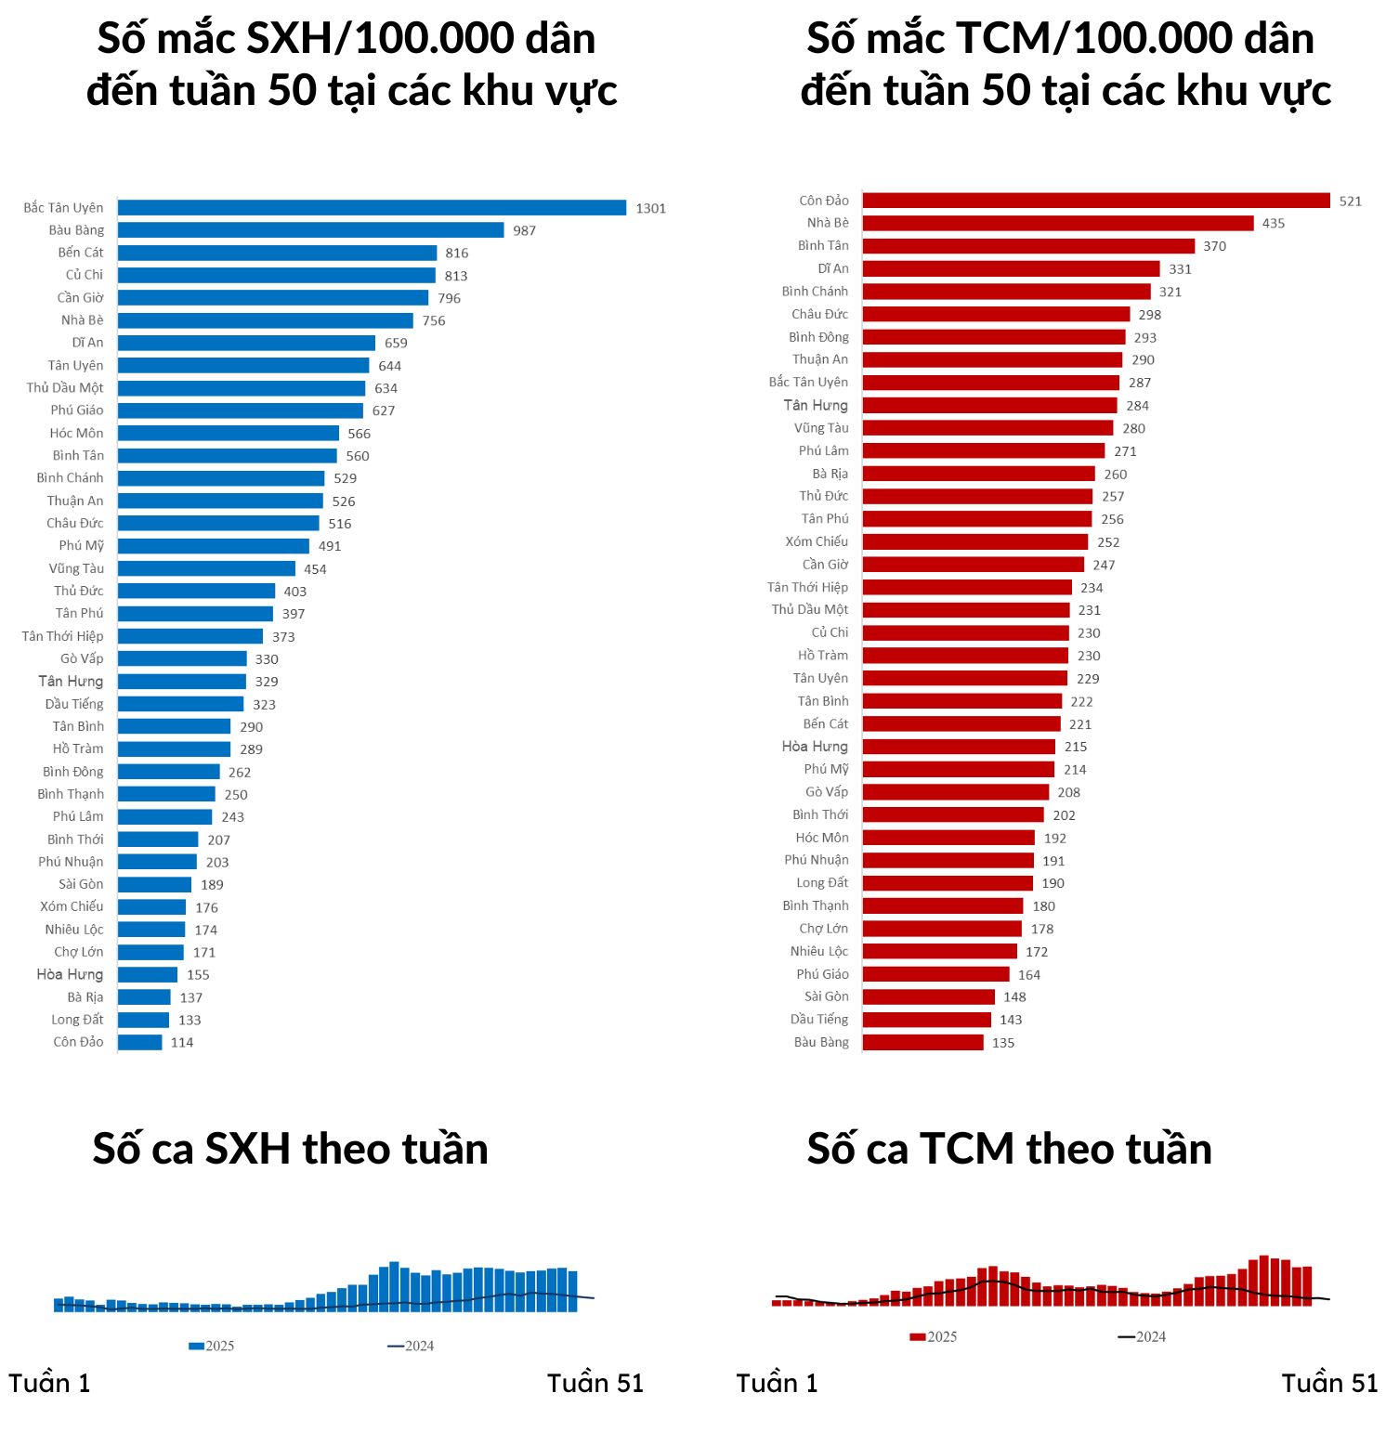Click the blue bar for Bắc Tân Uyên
[x=372, y=208]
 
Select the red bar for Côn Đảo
[x=1096, y=201]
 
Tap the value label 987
[x=525, y=230]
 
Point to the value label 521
[x=1351, y=201]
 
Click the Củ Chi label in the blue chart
[x=85, y=275]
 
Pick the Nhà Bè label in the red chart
[x=828, y=223]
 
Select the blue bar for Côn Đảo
[x=140, y=1042]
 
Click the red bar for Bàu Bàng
[x=922, y=1042]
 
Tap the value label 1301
[x=651, y=208]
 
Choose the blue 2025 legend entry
[x=212, y=1346]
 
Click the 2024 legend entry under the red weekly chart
[x=1142, y=1336]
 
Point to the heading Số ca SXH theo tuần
[x=290, y=1149]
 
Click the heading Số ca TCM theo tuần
[x=1010, y=1149]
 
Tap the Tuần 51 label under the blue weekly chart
[x=595, y=1383]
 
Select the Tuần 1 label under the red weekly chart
[x=777, y=1383]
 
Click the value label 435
[x=1274, y=223]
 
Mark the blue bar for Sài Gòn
[x=154, y=884]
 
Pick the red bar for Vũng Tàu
[x=987, y=428]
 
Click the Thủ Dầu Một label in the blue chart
[x=65, y=388]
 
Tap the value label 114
[x=182, y=1042]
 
